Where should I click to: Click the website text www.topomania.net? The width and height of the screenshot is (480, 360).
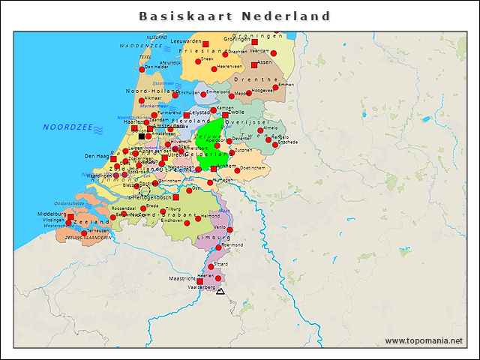(x=423, y=340)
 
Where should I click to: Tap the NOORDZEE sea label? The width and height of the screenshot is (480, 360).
(x=67, y=127)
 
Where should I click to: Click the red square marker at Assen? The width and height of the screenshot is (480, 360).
(x=254, y=64)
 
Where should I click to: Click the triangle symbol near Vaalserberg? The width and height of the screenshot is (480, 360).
(x=220, y=290)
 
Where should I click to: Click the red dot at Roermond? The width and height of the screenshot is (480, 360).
(x=218, y=247)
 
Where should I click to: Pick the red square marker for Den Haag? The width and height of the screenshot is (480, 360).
(x=113, y=159)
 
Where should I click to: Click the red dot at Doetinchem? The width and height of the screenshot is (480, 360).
(x=237, y=171)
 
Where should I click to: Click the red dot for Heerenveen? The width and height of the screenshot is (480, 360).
(x=214, y=69)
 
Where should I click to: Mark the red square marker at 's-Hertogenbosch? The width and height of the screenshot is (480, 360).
(x=175, y=197)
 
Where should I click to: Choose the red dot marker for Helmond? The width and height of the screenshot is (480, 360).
(x=198, y=217)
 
